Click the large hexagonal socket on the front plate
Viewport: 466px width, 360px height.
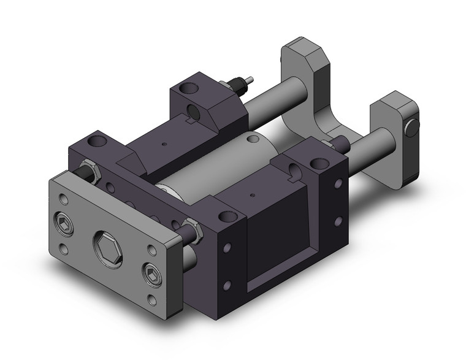click(107, 250)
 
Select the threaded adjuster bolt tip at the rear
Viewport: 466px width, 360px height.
click(250, 80)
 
